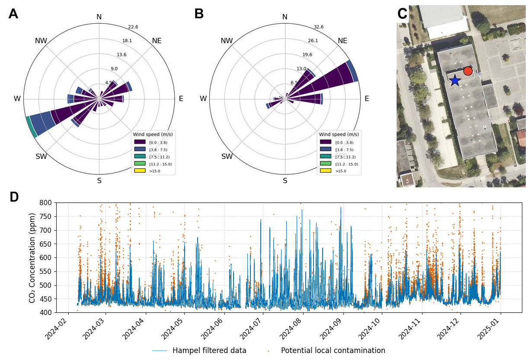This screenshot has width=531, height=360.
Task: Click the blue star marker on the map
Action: [x=454, y=80]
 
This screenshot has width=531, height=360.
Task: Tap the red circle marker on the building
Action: [x=467, y=71]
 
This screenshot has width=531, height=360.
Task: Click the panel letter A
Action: [x=13, y=14]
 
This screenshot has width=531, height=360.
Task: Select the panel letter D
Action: [x=14, y=197]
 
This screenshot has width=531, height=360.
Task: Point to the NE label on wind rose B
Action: [x=342, y=41]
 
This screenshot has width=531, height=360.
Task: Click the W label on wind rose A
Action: [x=17, y=99]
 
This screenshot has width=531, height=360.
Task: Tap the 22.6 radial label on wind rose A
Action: [x=133, y=27]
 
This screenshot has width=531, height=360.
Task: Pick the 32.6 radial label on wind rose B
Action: [x=319, y=27]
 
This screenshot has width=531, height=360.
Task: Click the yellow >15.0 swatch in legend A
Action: [x=140, y=171]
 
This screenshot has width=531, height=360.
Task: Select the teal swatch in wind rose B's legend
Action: [x=326, y=156]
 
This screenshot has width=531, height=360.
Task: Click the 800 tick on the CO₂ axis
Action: [x=45, y=203]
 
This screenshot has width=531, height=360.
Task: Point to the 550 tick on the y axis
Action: [x=45, y=271]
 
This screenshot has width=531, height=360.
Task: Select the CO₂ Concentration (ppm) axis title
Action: [x=32, y=257]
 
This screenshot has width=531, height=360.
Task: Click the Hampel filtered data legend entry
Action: [x=209, y=350]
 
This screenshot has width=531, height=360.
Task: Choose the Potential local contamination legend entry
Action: [x=333, y=350]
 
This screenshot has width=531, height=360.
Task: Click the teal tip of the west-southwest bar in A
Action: [x=32, y=127]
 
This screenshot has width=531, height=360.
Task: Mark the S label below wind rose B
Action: [x=285, y=180]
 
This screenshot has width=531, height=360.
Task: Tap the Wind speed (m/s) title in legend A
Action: [x=153, y=135]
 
